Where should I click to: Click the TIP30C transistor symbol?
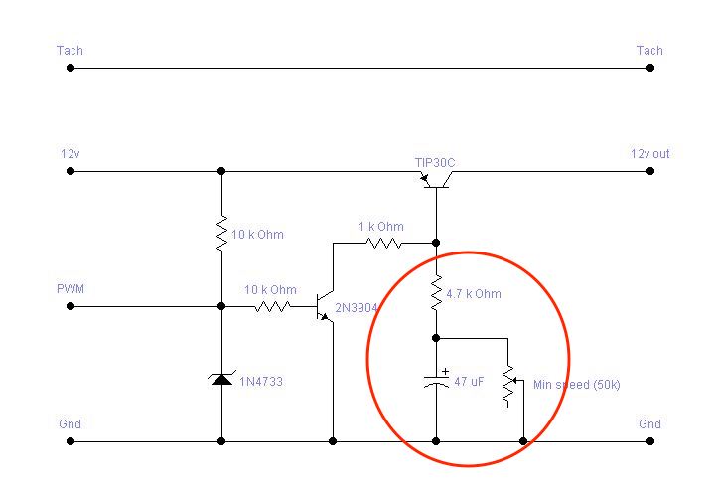pyautogui.click(x=436, y=180)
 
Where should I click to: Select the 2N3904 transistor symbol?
pyautogui.click(x=325, y=306)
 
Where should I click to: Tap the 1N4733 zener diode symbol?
pyautogui.click(x=221, y=379)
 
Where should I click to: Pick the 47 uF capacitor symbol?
pyautogui.click(x=436, y=382)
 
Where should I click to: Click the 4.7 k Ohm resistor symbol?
pyautogui.click(x=436, y=292)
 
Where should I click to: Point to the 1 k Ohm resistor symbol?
pyautogui.click(x=383, y=243)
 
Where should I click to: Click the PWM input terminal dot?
pyautogui.click(x=71, y=306)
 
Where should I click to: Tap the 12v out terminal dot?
pyautogui.click(x=650, y=171)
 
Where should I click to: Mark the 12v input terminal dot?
pyautogui.click(x=71, y=171)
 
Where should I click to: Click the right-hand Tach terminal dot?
pyautogui.click(x=650, y=68)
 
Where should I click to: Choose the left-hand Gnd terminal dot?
pyautogui.click(x=71, y=441)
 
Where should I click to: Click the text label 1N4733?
pyautogui.click(x=261, y=381)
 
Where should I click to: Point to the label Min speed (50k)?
pyautogui.click(x=577, y=385)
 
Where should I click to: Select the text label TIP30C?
pyautogui.click(x=435, y=163)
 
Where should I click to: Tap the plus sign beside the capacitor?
pyautogui.click(x=445, y=371)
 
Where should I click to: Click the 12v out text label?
pyautogui.click(x=650, y=153)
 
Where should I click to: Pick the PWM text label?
pyautogui.click(x=71, y=289)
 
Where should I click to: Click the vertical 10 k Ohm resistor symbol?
pyautogui.click(x=221, y=233)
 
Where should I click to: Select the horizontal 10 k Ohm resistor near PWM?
pyautogui.click(x=272, y=306)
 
